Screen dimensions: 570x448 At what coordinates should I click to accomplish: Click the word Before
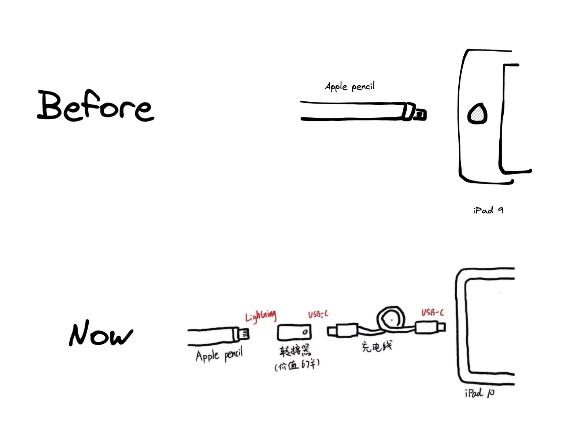tap(95, 105)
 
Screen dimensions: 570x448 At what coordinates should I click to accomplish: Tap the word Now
tap(101, 333)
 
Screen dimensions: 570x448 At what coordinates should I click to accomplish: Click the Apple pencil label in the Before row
tap(349, 86)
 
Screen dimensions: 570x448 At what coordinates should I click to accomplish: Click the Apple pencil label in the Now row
tap(219, 355)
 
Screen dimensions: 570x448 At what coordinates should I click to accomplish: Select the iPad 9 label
tap(488, 210)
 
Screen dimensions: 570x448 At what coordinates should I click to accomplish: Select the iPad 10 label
tap(480, 393)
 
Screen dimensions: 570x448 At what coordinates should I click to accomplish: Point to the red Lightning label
tap(260, 316)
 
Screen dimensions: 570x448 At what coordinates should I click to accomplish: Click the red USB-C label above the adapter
tap(318, 314)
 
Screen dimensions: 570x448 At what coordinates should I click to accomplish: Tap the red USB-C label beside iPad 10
tap(433, 313)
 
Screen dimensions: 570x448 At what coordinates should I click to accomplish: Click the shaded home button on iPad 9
tap(477, 114)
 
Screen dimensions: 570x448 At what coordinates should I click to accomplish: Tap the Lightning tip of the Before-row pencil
tap(420, 114)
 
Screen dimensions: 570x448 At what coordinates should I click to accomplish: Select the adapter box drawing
tap(294, 332)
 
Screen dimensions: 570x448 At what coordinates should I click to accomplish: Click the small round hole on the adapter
tap(305, 332)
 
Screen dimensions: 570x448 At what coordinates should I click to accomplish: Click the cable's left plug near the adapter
tap(343, 331)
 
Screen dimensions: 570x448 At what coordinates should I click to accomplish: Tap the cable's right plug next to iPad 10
tap(430, 328)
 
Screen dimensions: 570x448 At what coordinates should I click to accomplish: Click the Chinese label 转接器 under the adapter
tap(295, 351)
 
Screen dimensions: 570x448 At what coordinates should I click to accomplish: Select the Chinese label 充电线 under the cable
tap(377, 347)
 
